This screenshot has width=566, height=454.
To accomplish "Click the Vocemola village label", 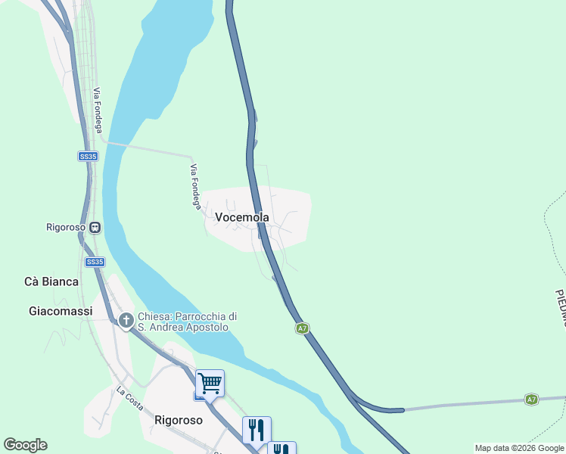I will click(x=242, y=217).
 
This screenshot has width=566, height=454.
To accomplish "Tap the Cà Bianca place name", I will click(x=51, y=281).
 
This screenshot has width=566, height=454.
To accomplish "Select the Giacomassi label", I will click(x=61, y=311).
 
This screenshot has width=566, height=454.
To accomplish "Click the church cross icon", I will click(x=126, y=321).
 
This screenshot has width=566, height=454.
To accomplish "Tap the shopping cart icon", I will click(x=210, y=384).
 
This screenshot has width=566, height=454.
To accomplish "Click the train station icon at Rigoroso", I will click(x=95, y=227).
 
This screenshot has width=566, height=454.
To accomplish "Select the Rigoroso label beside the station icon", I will click(x=67, y=227).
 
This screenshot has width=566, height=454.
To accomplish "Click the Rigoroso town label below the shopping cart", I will click(x=178, y=420).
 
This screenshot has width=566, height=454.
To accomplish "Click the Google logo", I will click(x=25, y=445).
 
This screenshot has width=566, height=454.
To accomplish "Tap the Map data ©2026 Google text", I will click(x=520, y=449).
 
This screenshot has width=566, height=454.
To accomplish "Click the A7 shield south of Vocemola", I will click(x=302, y=328).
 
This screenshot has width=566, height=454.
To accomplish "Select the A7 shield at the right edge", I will click(x=531, y=399).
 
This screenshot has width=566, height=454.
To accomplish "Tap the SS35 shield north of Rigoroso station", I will click(x=88, y=157).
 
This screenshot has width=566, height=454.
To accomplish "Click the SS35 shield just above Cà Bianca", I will click(x=94, y=262).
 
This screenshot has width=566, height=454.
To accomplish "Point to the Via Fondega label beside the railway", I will click(x=98, y=110).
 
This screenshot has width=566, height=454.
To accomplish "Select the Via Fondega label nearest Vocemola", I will click(x=195, y=186).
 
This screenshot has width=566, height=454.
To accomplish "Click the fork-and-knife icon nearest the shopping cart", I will click(x=257, y=430).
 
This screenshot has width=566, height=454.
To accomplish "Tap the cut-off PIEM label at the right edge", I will click(x=560, y=307).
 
